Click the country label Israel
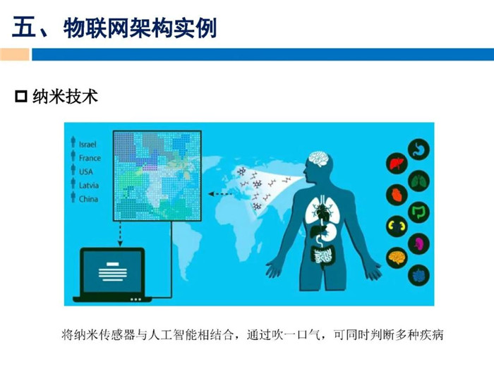[88, 144]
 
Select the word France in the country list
[90, 158]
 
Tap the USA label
[85, 171]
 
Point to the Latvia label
[89, 186]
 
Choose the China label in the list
[88, 199]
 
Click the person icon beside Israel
[73, 142]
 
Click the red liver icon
[397, 164]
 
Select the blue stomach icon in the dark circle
[419, 150]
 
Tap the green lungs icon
[419, 181]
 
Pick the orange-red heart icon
[397, 195]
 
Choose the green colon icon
[419, 212]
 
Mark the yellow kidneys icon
[397, 226]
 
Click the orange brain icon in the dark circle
[397, 258]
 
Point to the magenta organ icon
[419, 244]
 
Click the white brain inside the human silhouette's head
[319, 159]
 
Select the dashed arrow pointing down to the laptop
[121, 234]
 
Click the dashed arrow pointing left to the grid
[220, 194]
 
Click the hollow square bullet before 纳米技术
[21, 97]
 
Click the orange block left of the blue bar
[15, 54]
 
